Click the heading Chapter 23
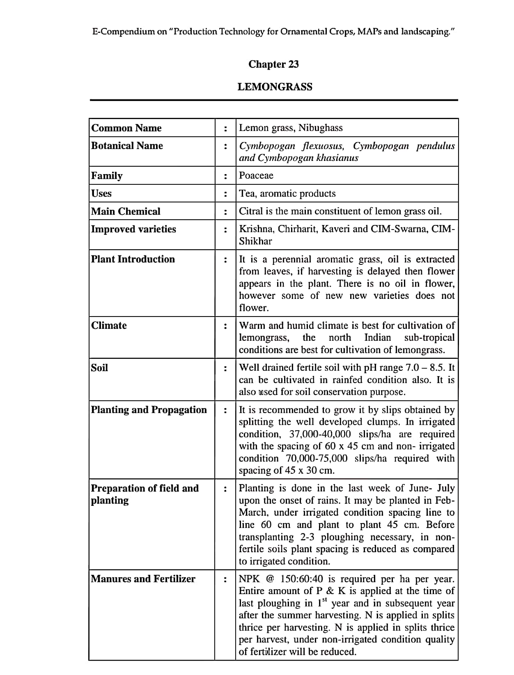tap(273, 64)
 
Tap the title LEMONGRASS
tap(275, 87)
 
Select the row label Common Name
tap(126, 128)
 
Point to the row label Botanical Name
tap(127, 146)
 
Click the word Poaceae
tap(256, 176)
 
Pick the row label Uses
tap(101, 193)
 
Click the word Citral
tap(251, 211)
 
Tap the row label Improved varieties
tap(133, 229)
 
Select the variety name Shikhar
tap(255, 241)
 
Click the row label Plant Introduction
tap(133, 259)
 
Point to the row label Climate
tap(109, 326)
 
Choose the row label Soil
tap(99, 368)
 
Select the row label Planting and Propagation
tap(149, 410)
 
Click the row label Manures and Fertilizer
tap(143, 579)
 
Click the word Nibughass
tap(320, 128)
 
